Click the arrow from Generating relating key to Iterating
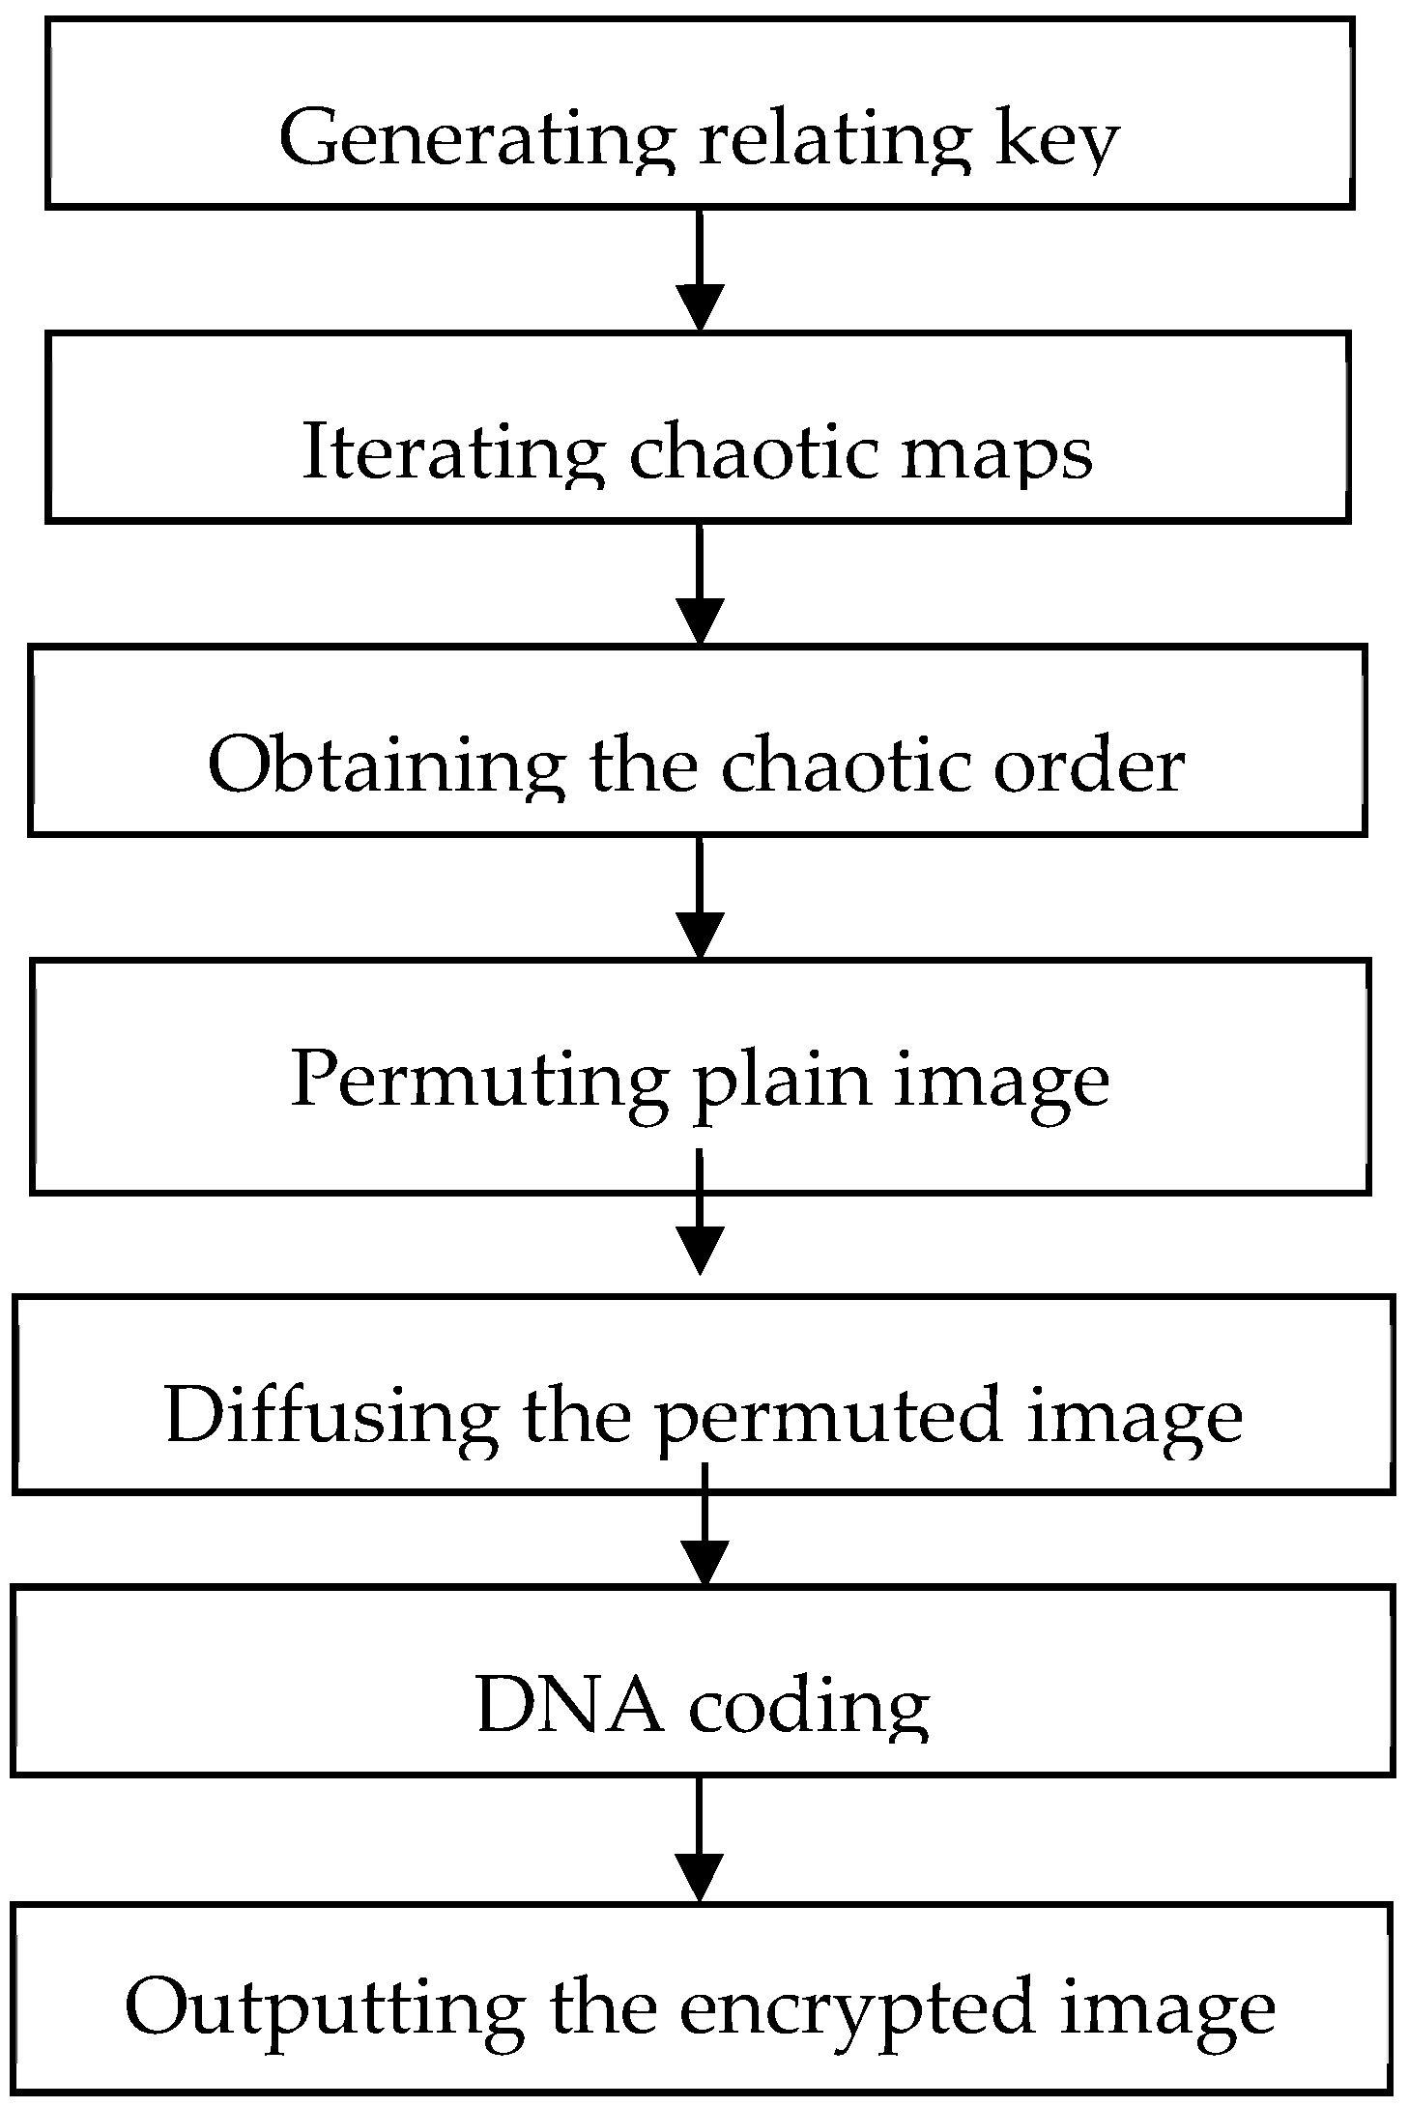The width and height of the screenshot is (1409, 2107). coord(699,271)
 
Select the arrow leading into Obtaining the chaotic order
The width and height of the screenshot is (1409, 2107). coord(699,584)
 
